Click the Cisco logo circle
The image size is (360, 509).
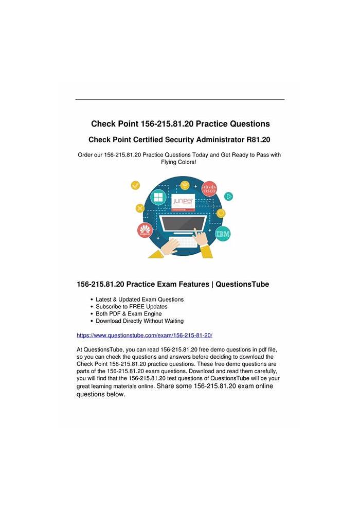(x=209, y=189)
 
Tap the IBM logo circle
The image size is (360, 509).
(x=223, y=234)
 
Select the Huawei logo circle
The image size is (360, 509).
(x=145, y=231)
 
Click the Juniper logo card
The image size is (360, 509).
(x=180, y=203)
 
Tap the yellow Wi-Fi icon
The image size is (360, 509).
(x=184, y=184)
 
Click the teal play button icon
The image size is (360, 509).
(x=228, y=196)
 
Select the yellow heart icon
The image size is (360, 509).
(x=221, y=213)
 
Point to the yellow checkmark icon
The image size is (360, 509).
(x=136, y=185)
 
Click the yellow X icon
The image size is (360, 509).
(x=139, y=208)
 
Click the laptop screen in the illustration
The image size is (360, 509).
(x=183, y=223)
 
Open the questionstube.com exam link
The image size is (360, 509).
(x=145, y=335)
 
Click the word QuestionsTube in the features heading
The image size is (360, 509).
(x=242, y=285)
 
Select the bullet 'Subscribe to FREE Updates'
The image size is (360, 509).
(x=131, y=307)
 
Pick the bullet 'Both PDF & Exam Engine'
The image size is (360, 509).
(x=129, y=314)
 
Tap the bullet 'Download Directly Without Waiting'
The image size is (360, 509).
(x=139, y=321)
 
